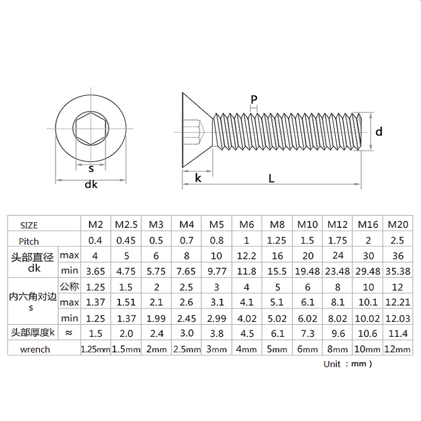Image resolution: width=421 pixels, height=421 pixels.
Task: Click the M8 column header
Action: coord(277,224)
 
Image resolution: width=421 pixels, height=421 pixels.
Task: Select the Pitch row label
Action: coord(29,242)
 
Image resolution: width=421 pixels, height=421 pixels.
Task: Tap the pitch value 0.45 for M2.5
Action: coord(126,240)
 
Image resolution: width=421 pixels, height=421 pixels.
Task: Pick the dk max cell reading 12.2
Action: coord(246,256)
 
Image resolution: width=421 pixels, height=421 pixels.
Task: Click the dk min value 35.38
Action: coord(398,272)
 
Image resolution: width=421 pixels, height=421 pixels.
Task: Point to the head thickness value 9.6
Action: coord(338,334)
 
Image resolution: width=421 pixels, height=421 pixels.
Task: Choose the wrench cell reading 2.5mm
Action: coord(187,349)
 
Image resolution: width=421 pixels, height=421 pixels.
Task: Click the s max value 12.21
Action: coord(398,302)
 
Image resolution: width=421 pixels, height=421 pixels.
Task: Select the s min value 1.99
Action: coord(156,318)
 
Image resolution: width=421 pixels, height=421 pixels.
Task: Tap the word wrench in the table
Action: coord(35,349)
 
